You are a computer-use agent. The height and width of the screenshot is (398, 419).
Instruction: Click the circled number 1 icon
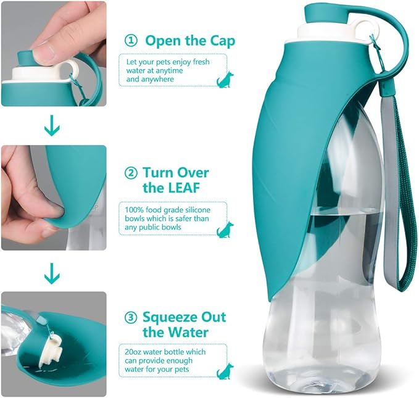pos(131,41)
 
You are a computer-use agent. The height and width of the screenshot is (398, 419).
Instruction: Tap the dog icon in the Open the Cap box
pos(225,79)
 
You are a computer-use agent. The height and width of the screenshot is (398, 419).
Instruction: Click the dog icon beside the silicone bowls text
pos(225,229)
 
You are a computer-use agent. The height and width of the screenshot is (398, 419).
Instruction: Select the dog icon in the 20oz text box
pos(225,370)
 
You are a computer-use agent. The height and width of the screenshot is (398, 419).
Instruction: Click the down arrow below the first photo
pos(52,128)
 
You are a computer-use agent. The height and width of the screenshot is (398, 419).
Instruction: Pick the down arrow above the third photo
pos(52,271)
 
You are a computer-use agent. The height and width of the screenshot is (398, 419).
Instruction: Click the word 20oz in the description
pos(133,351)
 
